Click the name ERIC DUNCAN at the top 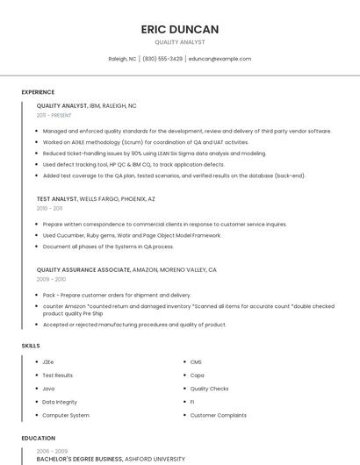(x=180, y=29)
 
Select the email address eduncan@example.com (x=220, y=59)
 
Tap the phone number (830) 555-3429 (x=162, y=59)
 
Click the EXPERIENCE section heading (x=38, y=92)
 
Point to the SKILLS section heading (x=31, y=346)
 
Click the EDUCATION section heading (x=39, y=438)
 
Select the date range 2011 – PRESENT (x=54, y=115)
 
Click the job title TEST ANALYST (x=57, y=199)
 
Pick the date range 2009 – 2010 (x=51, y=279)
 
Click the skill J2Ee (x=48, y=362)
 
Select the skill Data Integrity (x=60, y=402)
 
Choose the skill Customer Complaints (x=218, y=415)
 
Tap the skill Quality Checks (x=209, y=389)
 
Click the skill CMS (x=196, y=362)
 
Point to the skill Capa (x=198, y=376)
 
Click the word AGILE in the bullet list (x=76, y=142)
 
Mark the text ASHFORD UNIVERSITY (x=155, y=459)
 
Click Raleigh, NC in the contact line (x=122, y=59)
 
